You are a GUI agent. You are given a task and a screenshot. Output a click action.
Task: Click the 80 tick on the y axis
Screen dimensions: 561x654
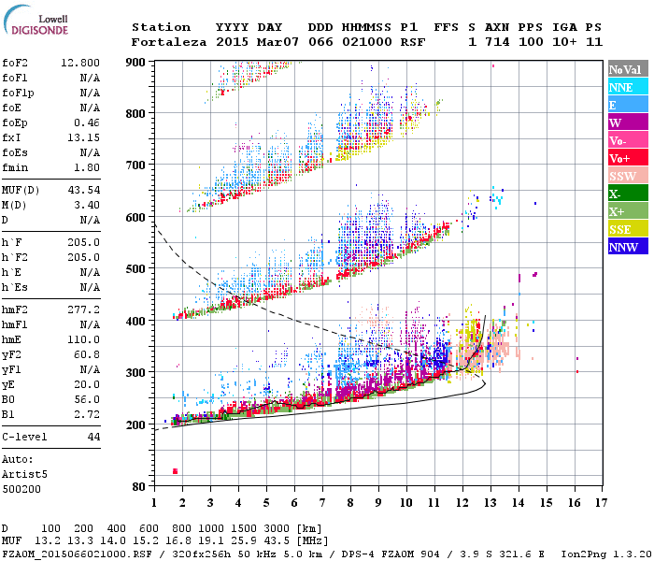click(137, 486)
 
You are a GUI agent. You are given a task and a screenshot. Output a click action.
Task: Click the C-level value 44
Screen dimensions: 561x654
click(93, 438)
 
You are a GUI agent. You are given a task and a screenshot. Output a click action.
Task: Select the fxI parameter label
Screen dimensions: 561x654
click(14, 137)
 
